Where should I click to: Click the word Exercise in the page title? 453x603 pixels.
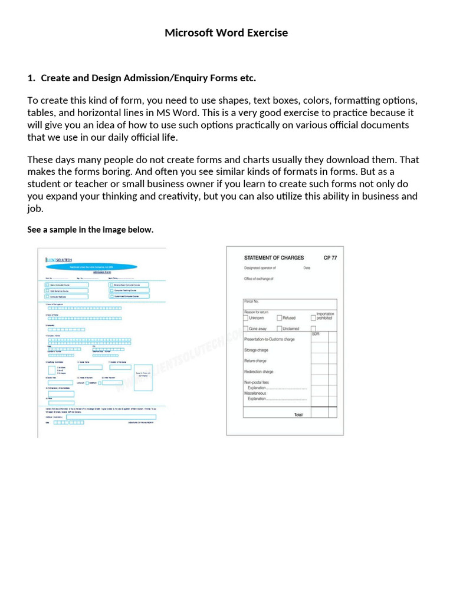pos(264,33)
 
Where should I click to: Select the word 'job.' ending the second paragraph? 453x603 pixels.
pos(35,208)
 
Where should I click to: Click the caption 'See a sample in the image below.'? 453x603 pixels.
pos(90,230)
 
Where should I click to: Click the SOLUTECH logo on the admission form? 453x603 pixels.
pos(59,259)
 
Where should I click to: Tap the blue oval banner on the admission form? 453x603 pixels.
pos(91,267)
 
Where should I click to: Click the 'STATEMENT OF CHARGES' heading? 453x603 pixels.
pos(274,257)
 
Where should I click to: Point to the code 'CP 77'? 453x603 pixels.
pos(330,257)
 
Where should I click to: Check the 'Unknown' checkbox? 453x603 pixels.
pos(246,318)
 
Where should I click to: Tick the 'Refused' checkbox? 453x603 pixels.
pos(280,318)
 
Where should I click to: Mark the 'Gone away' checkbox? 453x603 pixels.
pos(246,329)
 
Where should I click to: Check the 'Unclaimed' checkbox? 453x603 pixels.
pos(280,329)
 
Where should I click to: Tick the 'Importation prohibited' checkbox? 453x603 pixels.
pos(313,318)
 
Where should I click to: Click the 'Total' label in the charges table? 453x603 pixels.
pos(298,415)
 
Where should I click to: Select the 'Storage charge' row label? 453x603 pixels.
pos(256,350)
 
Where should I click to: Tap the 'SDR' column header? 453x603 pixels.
pos(316,334)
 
